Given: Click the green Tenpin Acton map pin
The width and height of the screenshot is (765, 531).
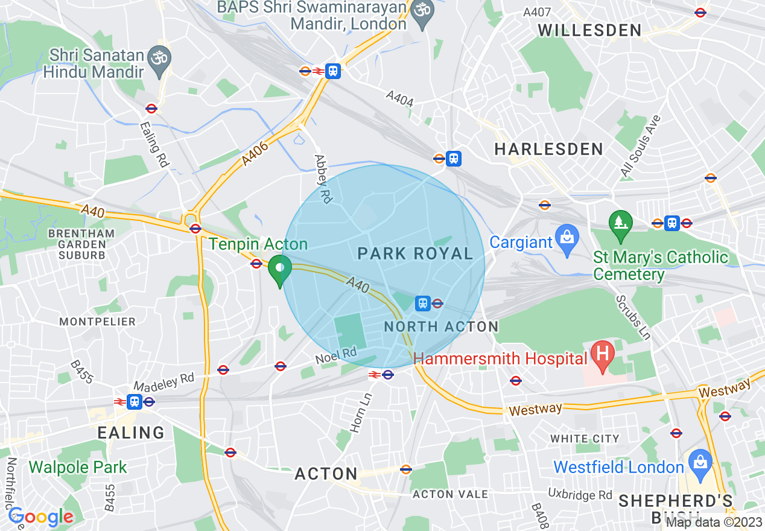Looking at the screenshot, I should [x=279, y=270].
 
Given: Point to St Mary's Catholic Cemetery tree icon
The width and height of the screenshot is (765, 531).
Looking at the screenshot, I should [x=620, y=224].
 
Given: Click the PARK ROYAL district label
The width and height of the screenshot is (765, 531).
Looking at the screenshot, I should [x=415, y=253].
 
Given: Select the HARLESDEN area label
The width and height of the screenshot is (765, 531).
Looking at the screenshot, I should [x=548, y=149].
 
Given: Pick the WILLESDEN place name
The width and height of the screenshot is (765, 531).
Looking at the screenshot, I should [x=589, y=30].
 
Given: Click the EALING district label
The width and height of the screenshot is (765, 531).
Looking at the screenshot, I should [x=132, y=433].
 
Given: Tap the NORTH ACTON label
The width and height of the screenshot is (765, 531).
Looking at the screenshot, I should [x=442, y=327].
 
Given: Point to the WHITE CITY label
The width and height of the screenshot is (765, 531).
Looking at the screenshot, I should [x=585, y=439].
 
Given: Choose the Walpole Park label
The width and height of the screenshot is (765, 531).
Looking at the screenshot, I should [x=78, y=467].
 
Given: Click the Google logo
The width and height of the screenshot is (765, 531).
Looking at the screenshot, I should [x=40, y=517].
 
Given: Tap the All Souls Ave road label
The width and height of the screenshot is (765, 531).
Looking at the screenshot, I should [x=641, y=147].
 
